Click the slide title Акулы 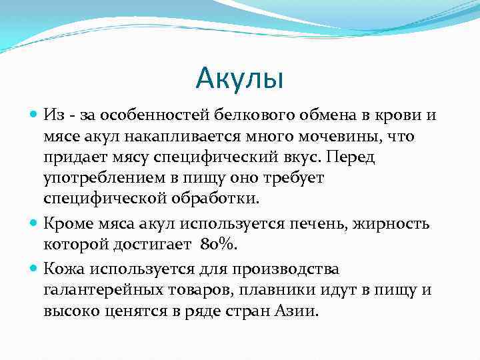click(x=240, y=79)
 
